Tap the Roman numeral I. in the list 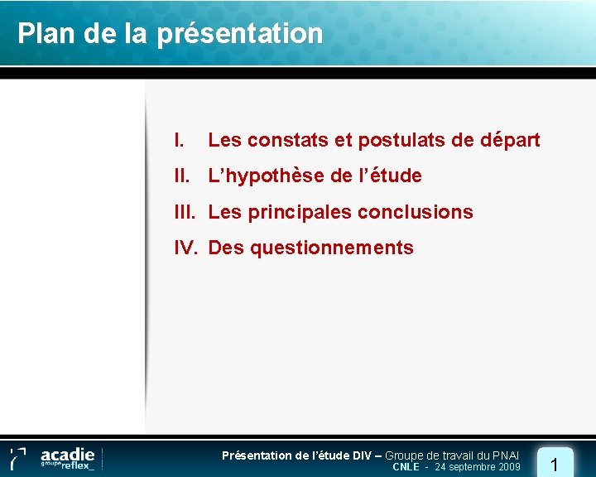[178, 140]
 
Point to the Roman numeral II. [182, 176]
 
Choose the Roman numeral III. [185, 212]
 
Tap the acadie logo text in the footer [68, 454]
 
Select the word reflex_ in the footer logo [75, 465]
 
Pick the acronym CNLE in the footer [406, 467]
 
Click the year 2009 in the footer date [507, 467]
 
